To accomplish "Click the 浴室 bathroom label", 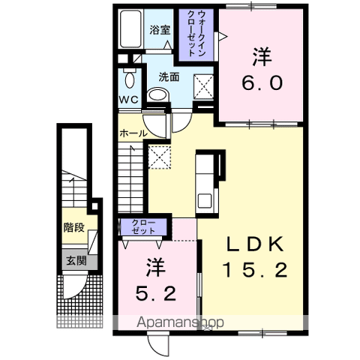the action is [160, 30].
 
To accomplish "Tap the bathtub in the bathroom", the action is [130, 29].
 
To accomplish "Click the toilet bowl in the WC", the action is [130, 78].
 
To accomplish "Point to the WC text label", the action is [128, 100].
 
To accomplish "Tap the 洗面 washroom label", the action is [169, 77].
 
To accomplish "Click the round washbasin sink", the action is [158, 94].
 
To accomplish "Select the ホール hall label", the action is [133, 133].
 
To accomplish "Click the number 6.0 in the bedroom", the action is [262, 83].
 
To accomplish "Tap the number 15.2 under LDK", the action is [255, 270].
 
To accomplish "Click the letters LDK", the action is [255, 244].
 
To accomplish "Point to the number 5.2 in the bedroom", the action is [156, 293].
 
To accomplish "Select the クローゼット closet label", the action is [143, 226].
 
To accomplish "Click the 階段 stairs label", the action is [74, 227].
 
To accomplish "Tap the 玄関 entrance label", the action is [76, 261].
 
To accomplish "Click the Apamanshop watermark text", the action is [180, 322].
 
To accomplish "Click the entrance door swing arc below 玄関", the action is [76, 288].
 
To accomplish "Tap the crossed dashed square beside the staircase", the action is [160, 157].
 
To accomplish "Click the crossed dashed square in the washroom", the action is [204, 87].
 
